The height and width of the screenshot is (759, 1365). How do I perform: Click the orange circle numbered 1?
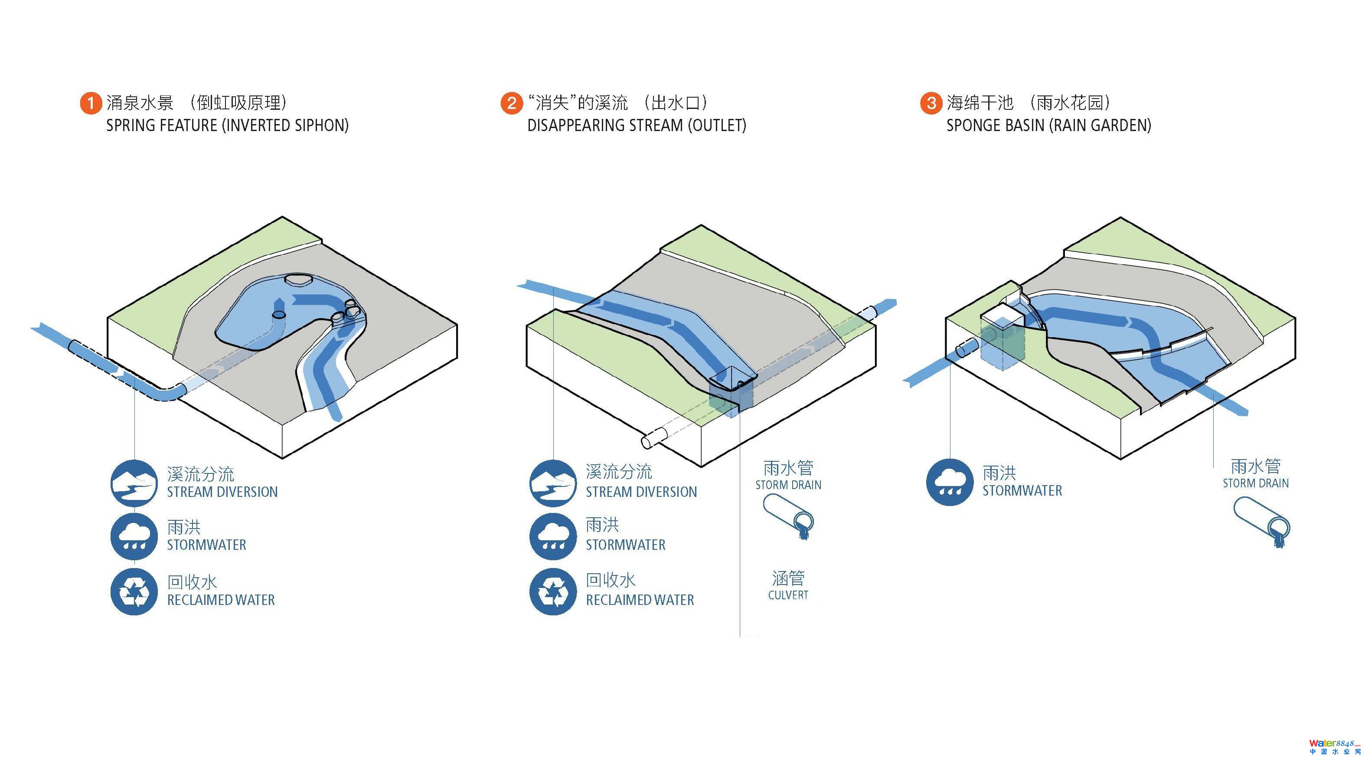point(91,103)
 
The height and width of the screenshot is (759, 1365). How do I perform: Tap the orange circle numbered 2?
point(511,103)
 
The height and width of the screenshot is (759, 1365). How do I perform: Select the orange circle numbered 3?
point(931,103)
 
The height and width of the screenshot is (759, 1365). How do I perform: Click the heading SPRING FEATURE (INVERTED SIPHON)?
point(227,126)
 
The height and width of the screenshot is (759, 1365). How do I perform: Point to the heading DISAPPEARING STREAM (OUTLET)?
point(637,126)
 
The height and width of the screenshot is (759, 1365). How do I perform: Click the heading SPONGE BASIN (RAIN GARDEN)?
point(1048,126)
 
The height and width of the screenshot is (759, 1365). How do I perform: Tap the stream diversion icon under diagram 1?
point(134,483)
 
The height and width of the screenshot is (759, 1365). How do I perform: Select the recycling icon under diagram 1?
point(134,591)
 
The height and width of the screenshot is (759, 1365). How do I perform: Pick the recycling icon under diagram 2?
point(553,591)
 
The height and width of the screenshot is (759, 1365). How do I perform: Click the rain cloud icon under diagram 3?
point(950,482)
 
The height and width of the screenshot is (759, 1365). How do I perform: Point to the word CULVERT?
point(788,595)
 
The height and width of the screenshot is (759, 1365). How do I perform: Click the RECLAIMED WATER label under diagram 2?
point(640,600)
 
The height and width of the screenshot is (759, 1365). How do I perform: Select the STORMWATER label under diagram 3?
point(1022,491)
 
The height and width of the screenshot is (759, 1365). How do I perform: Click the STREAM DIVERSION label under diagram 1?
point(222,492)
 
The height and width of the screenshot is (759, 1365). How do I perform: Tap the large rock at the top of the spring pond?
point(299,279)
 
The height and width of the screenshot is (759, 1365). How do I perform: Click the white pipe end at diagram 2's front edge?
point(647,441)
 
